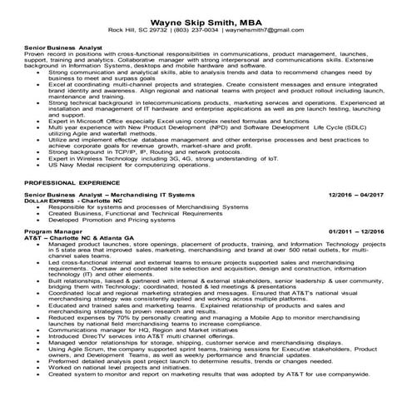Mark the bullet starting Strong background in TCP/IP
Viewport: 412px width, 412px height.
click(x=166, y=153)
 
